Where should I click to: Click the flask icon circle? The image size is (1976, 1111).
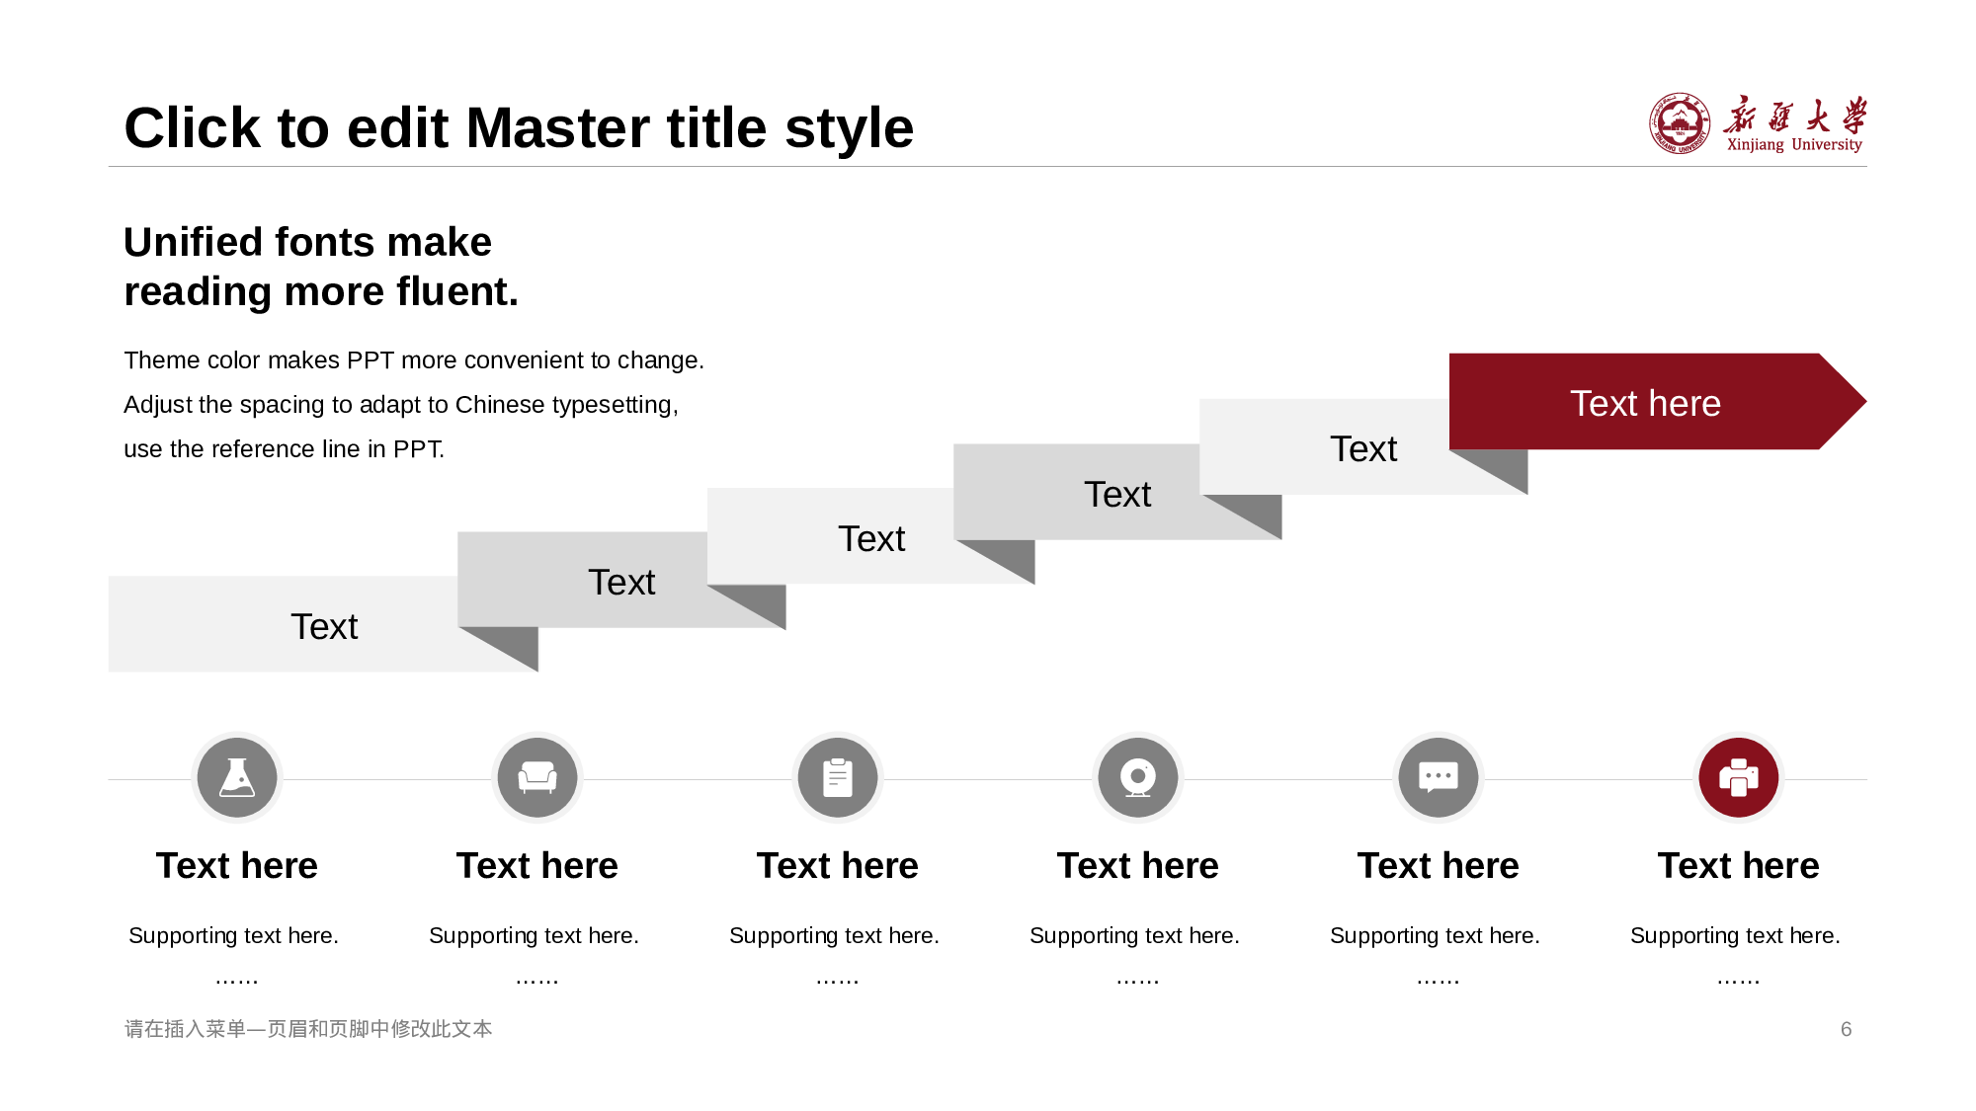tap(237, 777)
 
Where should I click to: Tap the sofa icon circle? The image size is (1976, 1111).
tap(537, 777)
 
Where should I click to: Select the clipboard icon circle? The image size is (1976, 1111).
tap(838, 777)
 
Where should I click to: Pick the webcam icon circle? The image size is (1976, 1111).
tap(1138, 777)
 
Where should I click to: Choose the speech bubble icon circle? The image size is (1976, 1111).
tap(1439, 777)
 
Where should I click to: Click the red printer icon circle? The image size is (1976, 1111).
tap(1739, 777)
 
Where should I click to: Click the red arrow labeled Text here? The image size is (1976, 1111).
tap(1657, 402)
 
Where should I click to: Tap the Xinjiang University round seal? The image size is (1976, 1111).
tap(1680, 123)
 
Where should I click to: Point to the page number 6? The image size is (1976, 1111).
tap(1846, 1029)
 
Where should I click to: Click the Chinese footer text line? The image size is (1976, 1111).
tap(308, 1029)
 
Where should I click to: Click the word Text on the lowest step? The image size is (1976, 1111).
tap(324, 627)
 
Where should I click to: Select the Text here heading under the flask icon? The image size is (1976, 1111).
tap(237, 866)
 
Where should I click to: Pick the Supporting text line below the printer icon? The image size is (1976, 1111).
tap(1735, 935)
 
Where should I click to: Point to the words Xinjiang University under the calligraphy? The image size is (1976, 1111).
tap(1794, 145)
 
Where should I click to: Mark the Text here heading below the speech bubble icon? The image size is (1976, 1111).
tap(1439, 866)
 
